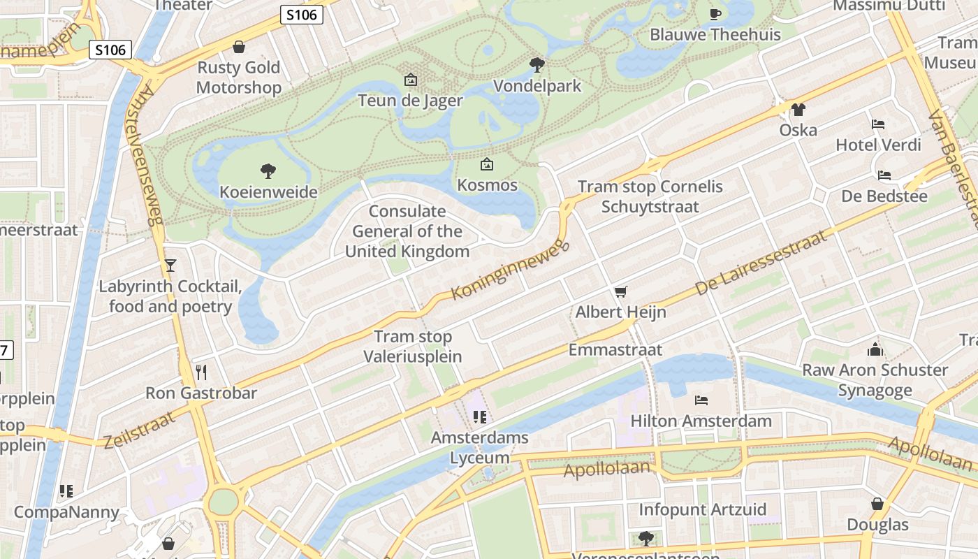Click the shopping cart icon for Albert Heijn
pyautogui.click(x=620, y=291)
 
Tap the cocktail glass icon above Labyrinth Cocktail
pyautogui.click(x=170, y=266)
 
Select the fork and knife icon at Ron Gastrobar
pyautogui.click(x=202, y=372)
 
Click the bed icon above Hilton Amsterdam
pyautogui.click(x=701, y=400)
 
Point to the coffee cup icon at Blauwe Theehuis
pyautogui.click(x=715, y=14)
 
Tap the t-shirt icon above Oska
pyautogui.click(x=798, y=110)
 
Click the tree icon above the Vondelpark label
pyautogui.click(x=537, y=65)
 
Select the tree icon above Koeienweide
pyautogui.click(x=268, y=170)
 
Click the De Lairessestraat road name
pyautogui.click(x=761, y=262)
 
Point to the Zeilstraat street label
pyautogui.click(x=140, y=429)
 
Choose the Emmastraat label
pyautogui.click(x=615, y=349)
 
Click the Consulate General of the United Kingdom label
pyautogui.click(x=407, y=231)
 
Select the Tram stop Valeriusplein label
pyautogui.click(x=412, y=347)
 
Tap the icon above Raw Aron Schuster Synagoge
pyautogui.click(x=875, y=349)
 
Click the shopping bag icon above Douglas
pyautogui.click(x=877, y=504)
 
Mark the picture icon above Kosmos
pyautogui.click(x=487, y=165)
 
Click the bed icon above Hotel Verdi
pyautogui.click(x=878, y=124)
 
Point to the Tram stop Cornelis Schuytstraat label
pyautogui.click(x=650, y=196)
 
